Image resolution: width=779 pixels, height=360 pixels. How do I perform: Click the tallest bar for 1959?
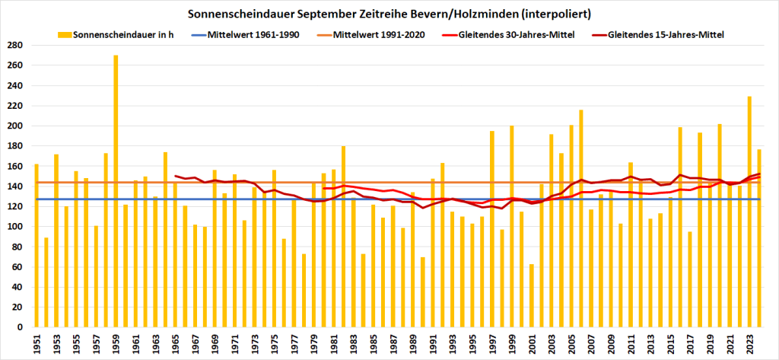point(116,191)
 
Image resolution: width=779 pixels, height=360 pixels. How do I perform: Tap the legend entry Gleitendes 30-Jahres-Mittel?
point(526,35)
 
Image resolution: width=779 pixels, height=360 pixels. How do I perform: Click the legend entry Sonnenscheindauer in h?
point(115,35)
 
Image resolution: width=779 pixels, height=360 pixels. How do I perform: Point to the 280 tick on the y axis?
point(15,45)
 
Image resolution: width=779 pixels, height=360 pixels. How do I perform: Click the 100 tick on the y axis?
point(15,227)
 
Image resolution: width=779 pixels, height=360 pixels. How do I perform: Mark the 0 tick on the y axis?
point(21,327)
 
